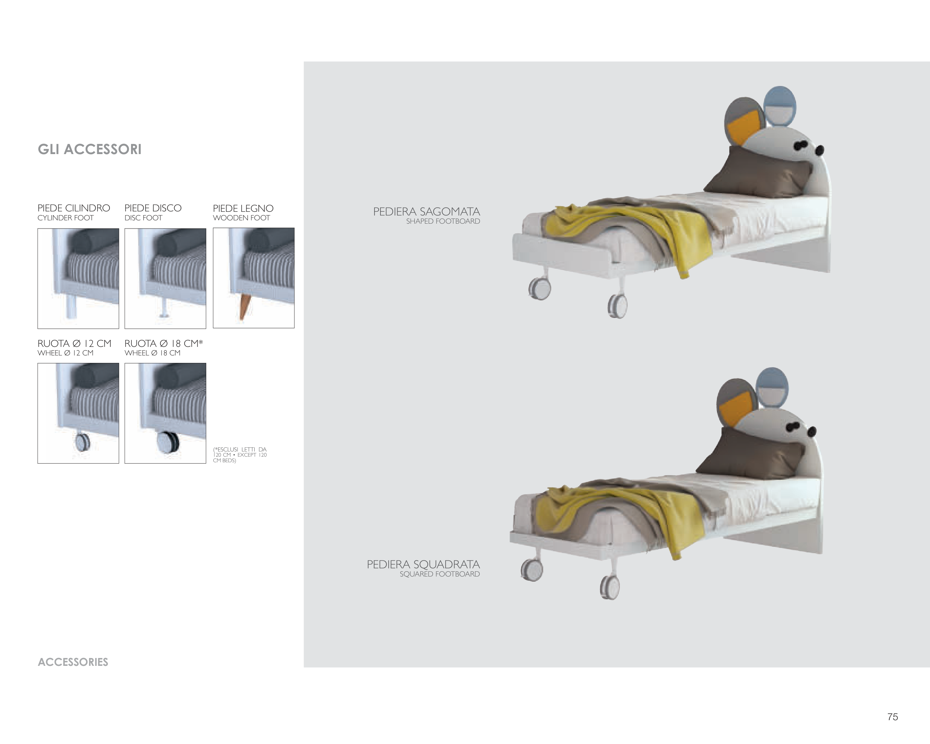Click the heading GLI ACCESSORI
(x=90, y=149)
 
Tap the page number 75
(x=892, y=717)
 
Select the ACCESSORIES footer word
(x=73, y=662)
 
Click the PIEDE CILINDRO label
(x=74, y=208)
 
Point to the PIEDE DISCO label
(x=153, y=208)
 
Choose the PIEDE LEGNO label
(x=243, y=208)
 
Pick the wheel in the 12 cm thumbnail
(x=82, y=442)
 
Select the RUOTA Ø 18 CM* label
(x=163, y=343)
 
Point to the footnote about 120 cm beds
(x=240, y=455)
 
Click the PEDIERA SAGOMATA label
(x=427, y=211)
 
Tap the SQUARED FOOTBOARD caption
(x=440, y=574)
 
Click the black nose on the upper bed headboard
(x=819, y=150)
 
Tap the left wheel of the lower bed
(x=532, y=570)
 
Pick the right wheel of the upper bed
(x=617, y=306)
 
